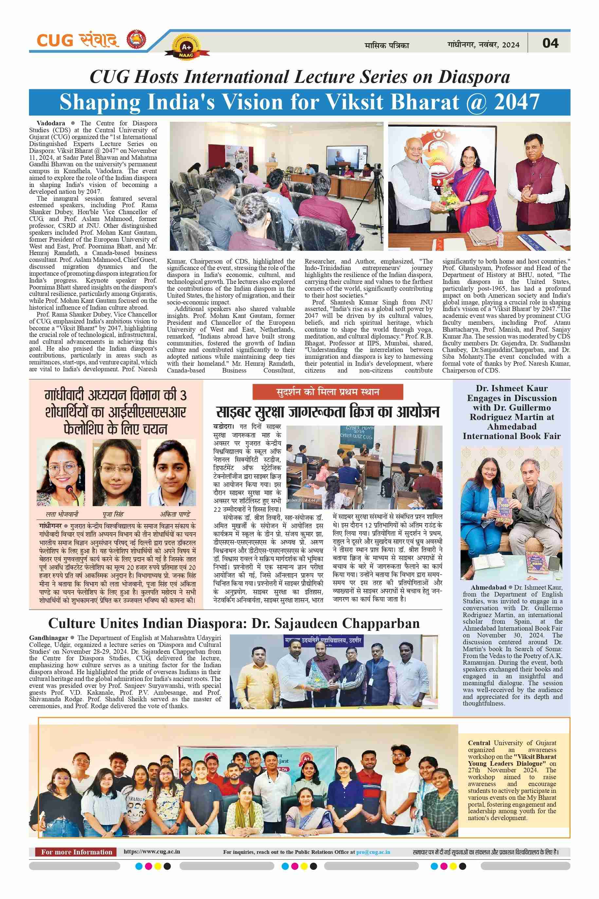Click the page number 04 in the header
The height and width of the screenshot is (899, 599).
[551, 43]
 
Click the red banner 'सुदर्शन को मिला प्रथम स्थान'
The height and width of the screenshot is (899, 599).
[327, 392]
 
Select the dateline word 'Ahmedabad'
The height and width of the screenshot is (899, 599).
[488, 587]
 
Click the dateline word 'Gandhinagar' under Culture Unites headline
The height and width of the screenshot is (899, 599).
[48, 638]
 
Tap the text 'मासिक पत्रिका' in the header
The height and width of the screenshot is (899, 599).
[387, 46]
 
